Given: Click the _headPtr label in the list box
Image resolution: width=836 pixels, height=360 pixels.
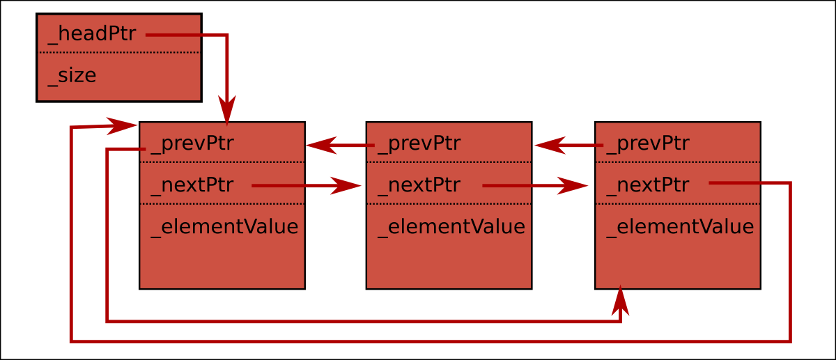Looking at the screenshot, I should click(x=91, y=35).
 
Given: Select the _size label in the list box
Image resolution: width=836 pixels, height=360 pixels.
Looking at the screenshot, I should click(x=72, y=76).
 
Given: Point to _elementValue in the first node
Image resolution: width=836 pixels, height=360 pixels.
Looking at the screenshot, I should click(x=224, y=227).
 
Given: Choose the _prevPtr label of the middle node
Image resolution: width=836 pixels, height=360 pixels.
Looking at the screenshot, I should click(x=418, y=144).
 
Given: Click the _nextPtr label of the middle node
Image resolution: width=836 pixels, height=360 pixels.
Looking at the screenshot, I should click(x=418, y=185).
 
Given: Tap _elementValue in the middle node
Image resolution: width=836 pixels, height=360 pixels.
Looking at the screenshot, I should click(x=451, y=227).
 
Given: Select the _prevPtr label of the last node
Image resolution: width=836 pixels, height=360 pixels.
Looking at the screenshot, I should click(x=647, y=144).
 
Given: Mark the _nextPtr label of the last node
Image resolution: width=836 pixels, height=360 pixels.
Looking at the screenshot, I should click(x=647, y=185).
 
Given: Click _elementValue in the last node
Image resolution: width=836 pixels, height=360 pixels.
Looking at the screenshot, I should click(x=680, y=227).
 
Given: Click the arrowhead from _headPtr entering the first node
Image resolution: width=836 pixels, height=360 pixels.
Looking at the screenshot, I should click(x=227, y=114).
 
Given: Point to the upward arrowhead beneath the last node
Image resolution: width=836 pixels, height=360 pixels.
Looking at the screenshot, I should click(x=621, y=299).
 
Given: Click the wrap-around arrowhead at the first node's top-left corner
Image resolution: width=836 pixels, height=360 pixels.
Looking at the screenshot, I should click(x=123, y=126).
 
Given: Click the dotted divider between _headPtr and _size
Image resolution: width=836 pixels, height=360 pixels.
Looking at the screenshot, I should click(x=119, y=52).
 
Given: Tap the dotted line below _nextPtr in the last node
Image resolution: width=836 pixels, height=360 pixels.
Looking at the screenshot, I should click(x=677, y=203).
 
